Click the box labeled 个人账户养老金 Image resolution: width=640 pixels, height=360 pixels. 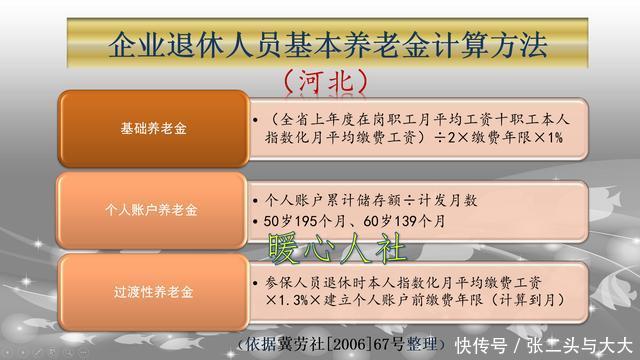tap(153, 211)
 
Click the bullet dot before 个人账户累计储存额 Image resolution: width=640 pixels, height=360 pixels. tap(258, 198)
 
